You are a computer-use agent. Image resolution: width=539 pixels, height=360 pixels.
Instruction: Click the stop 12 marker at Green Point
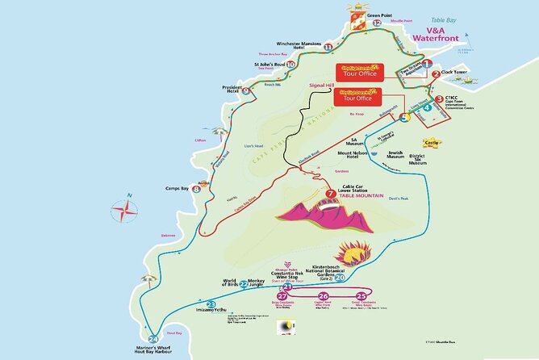377,23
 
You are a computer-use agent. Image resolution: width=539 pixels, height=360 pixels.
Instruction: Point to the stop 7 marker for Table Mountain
331,194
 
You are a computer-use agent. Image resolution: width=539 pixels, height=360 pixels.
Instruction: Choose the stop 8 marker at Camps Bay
196,189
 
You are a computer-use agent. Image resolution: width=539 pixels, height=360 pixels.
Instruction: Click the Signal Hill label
321,82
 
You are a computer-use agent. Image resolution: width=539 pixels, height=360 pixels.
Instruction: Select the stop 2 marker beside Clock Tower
436,75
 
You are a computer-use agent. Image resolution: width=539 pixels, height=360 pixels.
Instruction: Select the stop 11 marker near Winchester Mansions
327,48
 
